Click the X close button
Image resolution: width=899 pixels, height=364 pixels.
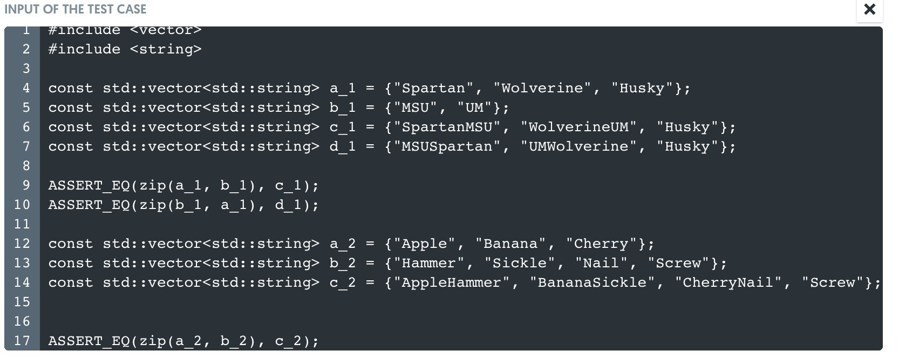coord(869,9)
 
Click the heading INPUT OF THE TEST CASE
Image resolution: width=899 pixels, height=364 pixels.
coord(75,9)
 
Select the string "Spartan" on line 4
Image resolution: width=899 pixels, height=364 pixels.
coord(433,88)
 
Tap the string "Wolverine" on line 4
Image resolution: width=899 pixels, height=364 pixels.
coord(542,88)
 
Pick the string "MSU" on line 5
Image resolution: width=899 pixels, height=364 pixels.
coord(415,107)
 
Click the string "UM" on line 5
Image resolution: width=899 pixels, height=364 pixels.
coord(474,107)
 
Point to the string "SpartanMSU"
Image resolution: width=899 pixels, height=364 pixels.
coord(447,127)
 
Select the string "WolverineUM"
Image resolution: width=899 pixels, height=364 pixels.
coord(578,127)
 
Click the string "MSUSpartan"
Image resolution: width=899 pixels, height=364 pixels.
coord(447,146)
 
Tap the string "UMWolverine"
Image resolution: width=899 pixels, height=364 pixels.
coord(578,146)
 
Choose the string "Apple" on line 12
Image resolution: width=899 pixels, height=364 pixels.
coord(424,244)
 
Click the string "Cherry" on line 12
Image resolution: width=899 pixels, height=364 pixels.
coord(601,244)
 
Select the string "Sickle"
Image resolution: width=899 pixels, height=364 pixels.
coord(520,263)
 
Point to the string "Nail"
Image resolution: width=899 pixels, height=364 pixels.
coord(601,263)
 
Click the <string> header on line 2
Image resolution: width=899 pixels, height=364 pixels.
coord(166,49)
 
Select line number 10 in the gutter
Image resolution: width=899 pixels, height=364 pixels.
coord(22,205)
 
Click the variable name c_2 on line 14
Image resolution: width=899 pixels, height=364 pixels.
coord(343,282)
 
